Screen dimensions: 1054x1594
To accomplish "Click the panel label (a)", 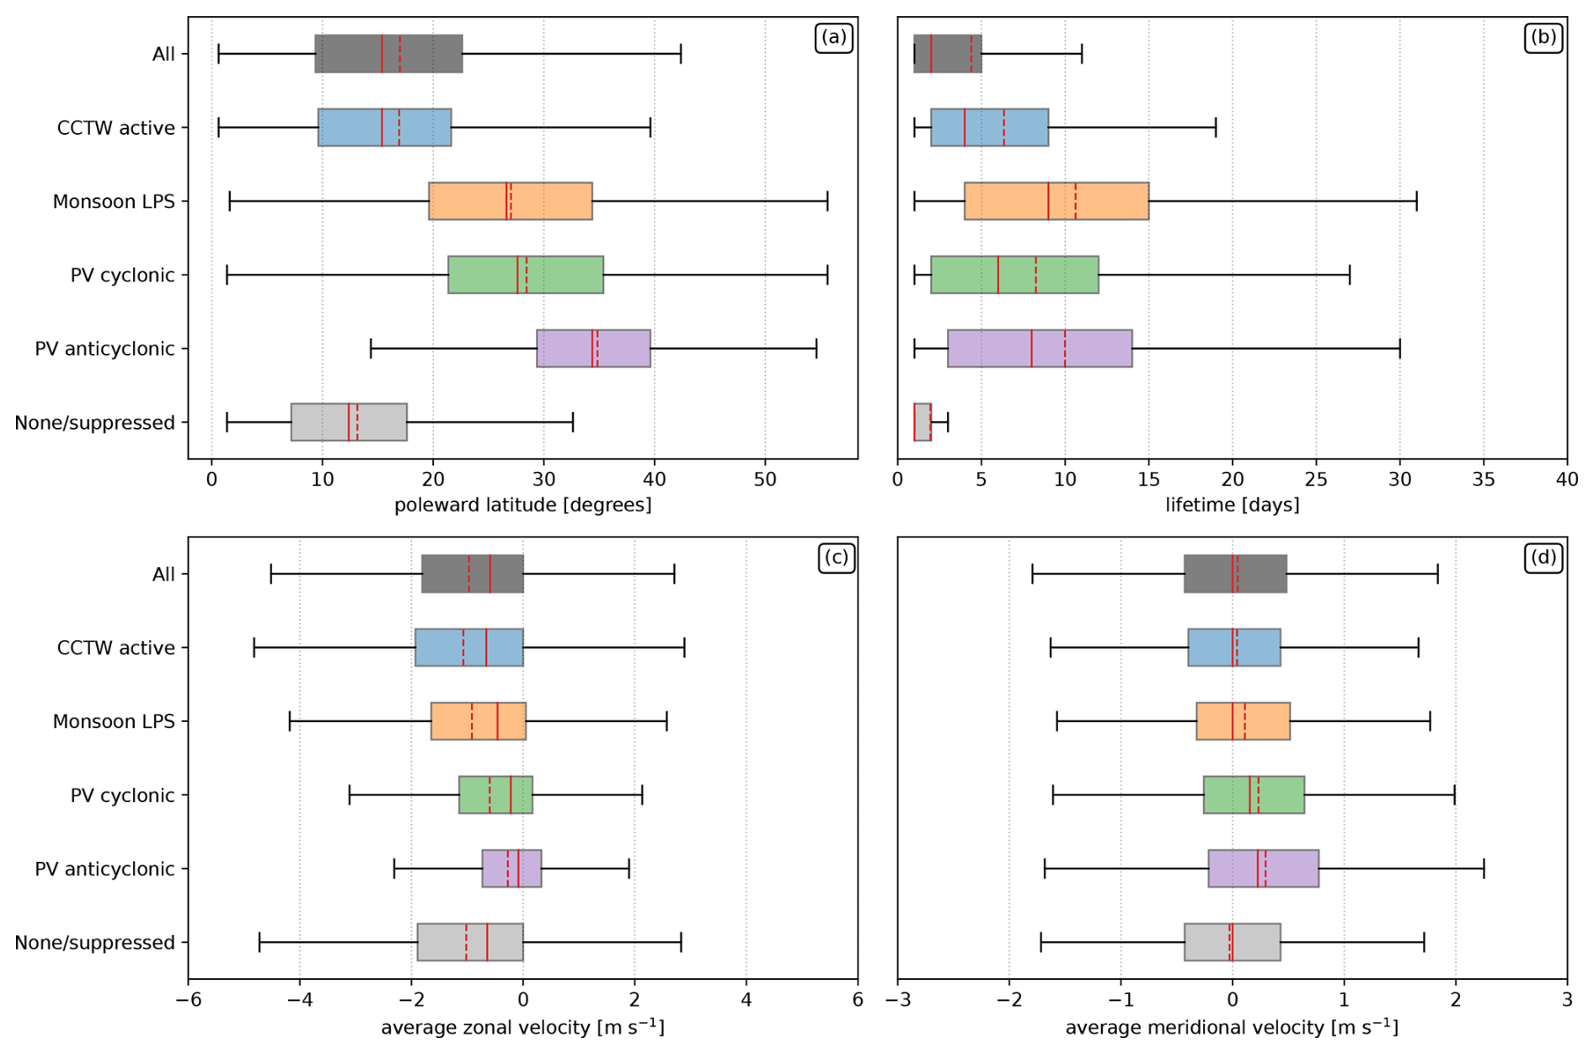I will click(833, 38).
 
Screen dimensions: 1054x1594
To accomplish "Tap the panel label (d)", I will click(1543, 558).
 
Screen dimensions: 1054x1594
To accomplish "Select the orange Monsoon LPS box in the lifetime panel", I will click(1056, 201).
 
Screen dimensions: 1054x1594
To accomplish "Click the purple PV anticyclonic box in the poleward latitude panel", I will click(593, 349).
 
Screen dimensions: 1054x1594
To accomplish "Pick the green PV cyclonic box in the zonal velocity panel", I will click(495, 795).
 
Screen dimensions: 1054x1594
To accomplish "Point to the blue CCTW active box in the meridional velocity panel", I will click(1233, 648).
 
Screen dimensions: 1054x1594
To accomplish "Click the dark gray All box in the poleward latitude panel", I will click(388, 54).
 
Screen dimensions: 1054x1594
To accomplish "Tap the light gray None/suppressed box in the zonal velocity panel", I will click(469, 943).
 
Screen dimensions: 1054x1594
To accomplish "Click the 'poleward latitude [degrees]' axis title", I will click(522, 506).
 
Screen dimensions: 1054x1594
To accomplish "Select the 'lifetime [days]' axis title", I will click(1232, 506).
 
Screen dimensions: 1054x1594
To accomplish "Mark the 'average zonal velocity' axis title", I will click(522, 1028).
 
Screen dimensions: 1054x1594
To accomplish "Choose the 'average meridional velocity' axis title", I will click(1232, 1028).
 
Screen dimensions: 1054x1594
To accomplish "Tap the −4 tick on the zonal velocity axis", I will click(299, 1000).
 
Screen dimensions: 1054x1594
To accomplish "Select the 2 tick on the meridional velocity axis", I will click(1455, 1000).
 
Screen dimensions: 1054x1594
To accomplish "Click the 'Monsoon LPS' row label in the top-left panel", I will click(114, 202).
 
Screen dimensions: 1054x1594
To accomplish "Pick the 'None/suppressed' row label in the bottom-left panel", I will click(94, 943).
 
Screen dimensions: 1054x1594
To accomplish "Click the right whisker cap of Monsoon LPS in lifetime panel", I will click(1416, 201).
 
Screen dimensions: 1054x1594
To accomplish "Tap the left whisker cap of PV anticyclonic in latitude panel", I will click(371, 349).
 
